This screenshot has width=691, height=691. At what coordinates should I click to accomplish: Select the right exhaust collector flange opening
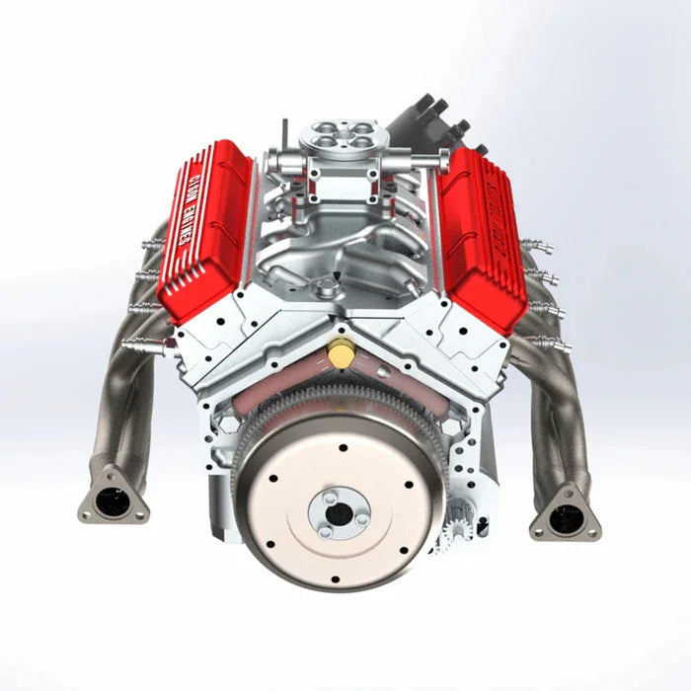(x=566, y=514)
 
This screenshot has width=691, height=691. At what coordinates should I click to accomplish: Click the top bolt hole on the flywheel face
(x=341, y=447)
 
